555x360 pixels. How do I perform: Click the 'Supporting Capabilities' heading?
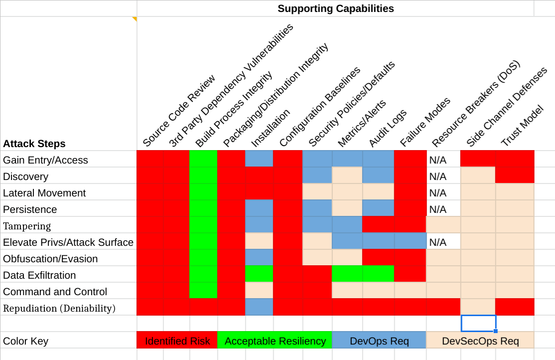[335, 8]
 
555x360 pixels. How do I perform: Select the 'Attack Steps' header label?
[34, 144]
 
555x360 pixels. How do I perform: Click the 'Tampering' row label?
[27, 226]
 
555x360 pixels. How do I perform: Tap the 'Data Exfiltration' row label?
[39, 275]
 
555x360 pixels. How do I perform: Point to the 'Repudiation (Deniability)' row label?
[59, 308]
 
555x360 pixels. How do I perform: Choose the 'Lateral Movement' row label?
[44, 193]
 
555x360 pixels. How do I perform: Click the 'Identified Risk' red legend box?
[177, 341]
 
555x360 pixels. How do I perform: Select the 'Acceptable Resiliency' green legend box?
[275, 341]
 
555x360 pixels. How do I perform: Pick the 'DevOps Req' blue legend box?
[379, 341]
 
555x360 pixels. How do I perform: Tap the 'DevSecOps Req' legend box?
[480, 341]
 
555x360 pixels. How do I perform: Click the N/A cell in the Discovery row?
[437, 177]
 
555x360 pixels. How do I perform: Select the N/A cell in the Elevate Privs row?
[437, 242]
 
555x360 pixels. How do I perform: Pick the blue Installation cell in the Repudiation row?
[259, 308]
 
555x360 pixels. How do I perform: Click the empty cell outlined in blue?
[478, 323]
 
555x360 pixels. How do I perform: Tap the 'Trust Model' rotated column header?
[521, 127]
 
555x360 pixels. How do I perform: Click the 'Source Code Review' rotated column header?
[179, 111]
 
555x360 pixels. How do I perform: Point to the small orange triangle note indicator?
[134, 19]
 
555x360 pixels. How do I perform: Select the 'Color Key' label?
[25, 341]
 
